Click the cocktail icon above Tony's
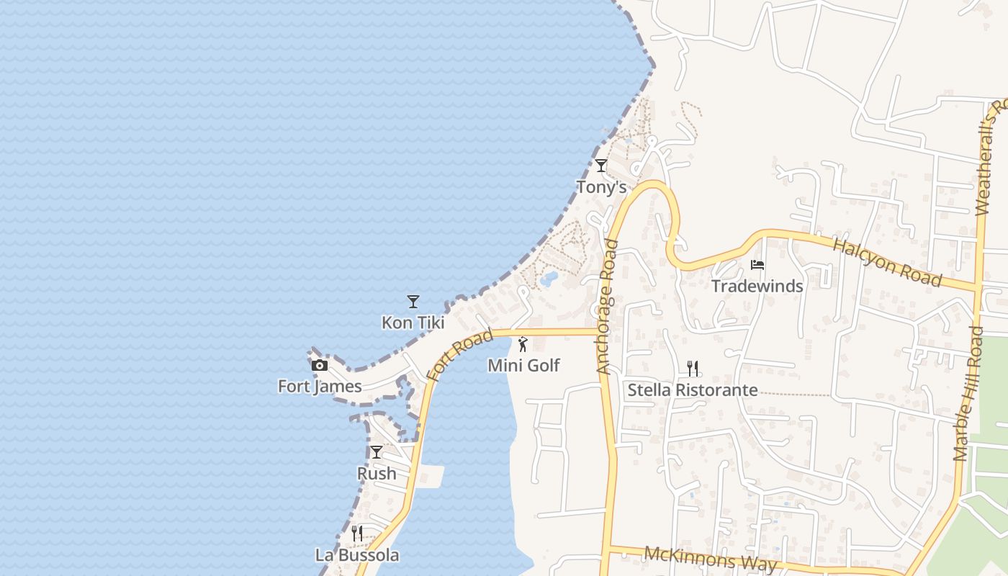(x=600, y=166)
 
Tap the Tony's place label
(x=601, y=188)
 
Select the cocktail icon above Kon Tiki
(x=413, y=301)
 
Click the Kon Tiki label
(x=413, y=323)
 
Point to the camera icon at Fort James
(x=320, y=365)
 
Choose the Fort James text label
(x=320, y=387)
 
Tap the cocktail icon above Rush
(x=377, y=452)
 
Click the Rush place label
(x=377, y=474)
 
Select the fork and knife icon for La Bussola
(x=356, y=533)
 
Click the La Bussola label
(x=357, y=555)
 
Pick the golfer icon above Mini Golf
(x=523, y=344)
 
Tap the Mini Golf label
(x=523, y=366)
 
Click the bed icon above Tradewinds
(x=757, y=265)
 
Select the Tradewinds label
(x=757, y=287)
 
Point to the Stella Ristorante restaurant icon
(x=693, y=369)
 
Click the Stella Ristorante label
(x=693, y=390)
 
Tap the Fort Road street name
(x=459, y=355)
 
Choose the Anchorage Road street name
(x=608, y=307)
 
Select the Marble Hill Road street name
(x=968, y=393)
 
